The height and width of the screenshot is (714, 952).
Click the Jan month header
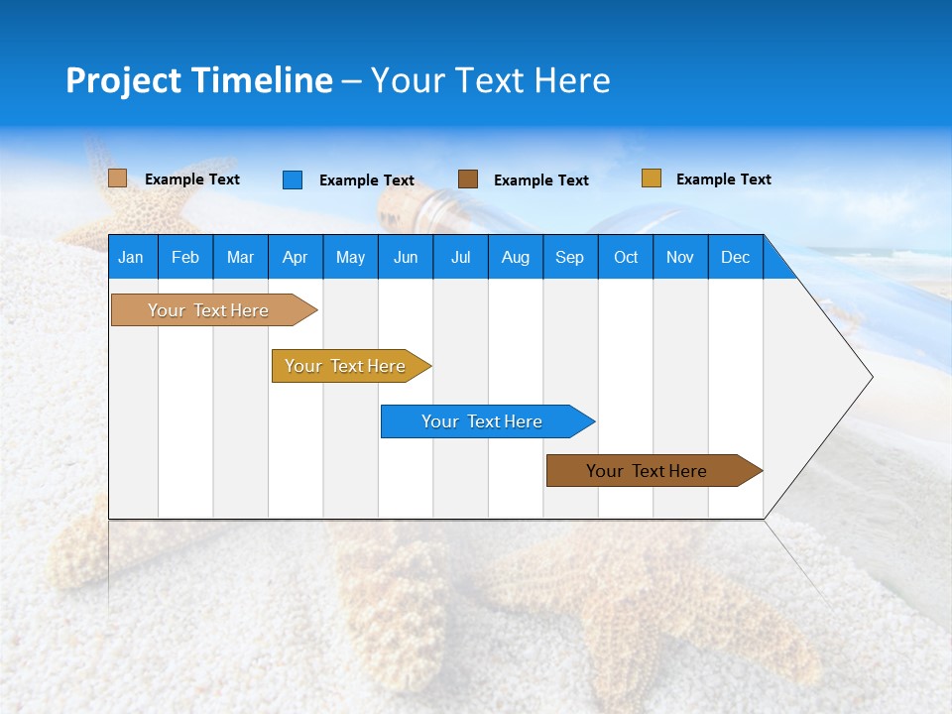click(131, 258)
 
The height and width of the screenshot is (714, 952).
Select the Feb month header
click(185, 258)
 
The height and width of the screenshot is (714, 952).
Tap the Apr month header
click(295, 258)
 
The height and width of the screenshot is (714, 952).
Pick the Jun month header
click(406, 258)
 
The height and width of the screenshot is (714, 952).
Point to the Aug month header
click(516, 258)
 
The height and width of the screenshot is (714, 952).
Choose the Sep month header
click(570, 258)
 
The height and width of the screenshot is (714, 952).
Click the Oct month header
click(626, 258)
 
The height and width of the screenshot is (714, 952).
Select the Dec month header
click(736, 258)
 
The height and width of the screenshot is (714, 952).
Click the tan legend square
click(118, 178)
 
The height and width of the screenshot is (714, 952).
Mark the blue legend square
click(293, 179)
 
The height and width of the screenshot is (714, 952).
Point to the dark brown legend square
click(468, 179)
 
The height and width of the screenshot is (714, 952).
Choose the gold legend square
click(651, 178)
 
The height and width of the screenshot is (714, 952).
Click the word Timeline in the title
click(262, 80)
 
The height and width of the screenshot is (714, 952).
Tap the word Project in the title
click(125, 80)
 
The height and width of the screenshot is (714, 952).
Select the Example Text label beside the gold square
click(724, 179)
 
